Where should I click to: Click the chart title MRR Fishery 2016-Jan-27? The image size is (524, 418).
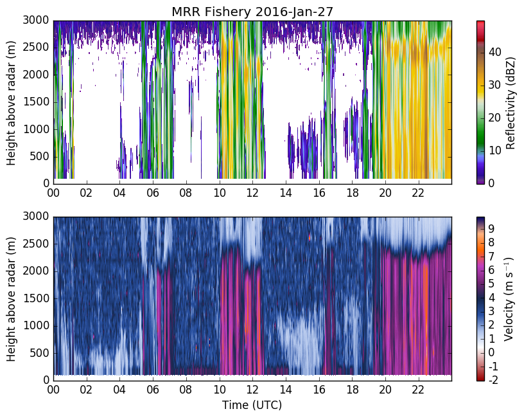252,12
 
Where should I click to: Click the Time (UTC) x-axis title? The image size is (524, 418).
252,405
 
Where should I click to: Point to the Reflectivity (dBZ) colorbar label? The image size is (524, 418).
510,102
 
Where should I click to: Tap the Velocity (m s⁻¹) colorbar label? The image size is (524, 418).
509,299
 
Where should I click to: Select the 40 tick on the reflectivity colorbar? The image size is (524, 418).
494,52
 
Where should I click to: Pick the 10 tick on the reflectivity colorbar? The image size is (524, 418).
494,150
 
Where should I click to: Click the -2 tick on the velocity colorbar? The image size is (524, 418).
493,380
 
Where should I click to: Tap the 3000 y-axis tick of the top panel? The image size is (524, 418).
36,21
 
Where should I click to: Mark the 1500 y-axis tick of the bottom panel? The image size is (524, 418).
36,298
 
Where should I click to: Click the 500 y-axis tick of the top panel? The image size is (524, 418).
39,156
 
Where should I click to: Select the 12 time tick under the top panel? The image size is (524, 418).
252,193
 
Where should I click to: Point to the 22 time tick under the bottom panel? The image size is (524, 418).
419,390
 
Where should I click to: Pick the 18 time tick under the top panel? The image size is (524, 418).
353,193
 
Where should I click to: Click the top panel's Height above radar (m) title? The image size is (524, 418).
11,103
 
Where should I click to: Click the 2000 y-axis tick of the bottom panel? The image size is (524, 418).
36,271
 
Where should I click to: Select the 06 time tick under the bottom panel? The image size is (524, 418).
153,390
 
